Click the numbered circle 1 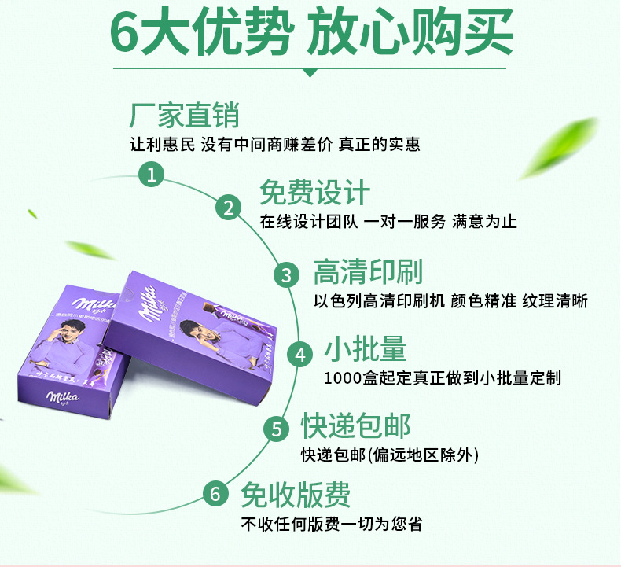[152, 173]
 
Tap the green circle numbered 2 [228, 208]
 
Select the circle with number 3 [286, 274]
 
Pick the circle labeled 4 [299, 355]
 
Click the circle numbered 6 [215, 495]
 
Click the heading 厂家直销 [184, 116]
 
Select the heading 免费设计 [314, 193]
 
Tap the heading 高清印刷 [367, 272]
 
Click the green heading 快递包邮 [355, 427]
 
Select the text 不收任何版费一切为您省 [331, 524]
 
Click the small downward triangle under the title [310, 72]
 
